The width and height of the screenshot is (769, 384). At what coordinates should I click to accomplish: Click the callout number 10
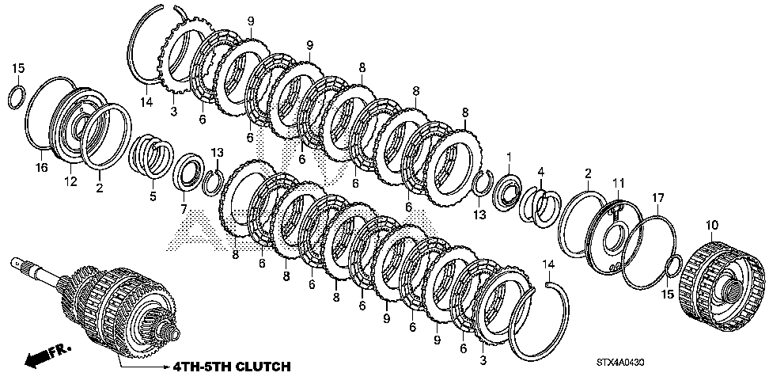pos(711,225)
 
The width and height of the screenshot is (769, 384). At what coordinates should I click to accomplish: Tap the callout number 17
pos(657,198)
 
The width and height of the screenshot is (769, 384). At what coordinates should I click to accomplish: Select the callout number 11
pos(619,183)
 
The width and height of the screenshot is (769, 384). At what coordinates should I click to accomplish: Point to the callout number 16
pos(41,167)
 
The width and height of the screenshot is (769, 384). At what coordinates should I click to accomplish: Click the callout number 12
pos(70,181)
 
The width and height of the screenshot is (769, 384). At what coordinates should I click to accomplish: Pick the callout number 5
pos(153,196)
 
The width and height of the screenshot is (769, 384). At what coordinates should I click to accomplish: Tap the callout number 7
pos(184,210)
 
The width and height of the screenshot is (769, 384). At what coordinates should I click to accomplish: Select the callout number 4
pos(541,171)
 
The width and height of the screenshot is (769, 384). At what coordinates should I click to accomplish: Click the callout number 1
pos(509,157)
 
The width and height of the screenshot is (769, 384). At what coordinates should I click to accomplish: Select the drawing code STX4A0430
pos(620,363)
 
